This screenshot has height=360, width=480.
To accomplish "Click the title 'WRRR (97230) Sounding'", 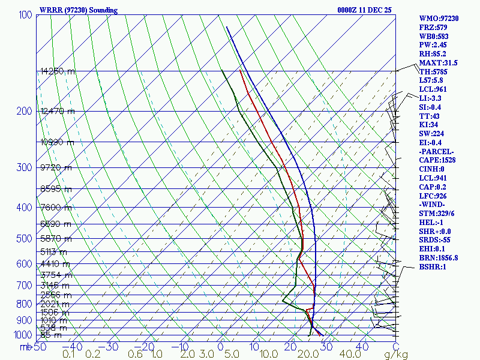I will [79, 10].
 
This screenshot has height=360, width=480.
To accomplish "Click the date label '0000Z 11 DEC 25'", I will [365, 10].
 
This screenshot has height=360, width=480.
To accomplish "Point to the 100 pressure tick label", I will [25, 14].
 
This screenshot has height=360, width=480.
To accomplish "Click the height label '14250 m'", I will [58, 71].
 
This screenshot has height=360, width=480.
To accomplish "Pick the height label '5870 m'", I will [55, 238].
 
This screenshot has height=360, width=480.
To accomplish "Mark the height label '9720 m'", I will [55, 167].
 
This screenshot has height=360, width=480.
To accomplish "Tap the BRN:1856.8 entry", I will [439, 257].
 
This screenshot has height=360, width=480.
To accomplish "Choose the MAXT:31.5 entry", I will [438, 63].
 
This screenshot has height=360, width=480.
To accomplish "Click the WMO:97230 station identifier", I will [439, 19].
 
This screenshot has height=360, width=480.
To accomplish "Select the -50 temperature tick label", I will [38, 346].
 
